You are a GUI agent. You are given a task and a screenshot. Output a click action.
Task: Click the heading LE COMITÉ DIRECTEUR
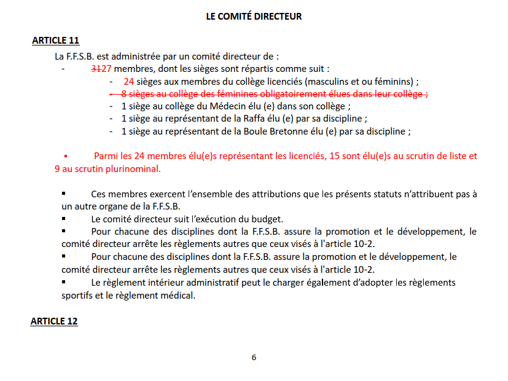point(254,17)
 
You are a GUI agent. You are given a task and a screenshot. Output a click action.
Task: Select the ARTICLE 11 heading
point(55,41)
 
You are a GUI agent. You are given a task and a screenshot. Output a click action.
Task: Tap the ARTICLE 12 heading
point(54,321)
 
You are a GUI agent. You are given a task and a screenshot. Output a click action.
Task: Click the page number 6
point(254,357)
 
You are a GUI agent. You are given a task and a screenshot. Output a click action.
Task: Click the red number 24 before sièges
point(128,82)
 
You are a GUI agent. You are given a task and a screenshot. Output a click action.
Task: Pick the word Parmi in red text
point(105,156)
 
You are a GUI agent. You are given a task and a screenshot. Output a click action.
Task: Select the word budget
point(268,219)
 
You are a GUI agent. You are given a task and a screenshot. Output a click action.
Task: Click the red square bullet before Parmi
point(65,156)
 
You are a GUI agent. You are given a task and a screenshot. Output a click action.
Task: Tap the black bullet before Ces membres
point(63,194)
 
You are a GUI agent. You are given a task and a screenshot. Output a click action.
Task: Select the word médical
point(178,295)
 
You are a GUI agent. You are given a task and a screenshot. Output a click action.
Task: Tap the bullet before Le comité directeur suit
point(63,219)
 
